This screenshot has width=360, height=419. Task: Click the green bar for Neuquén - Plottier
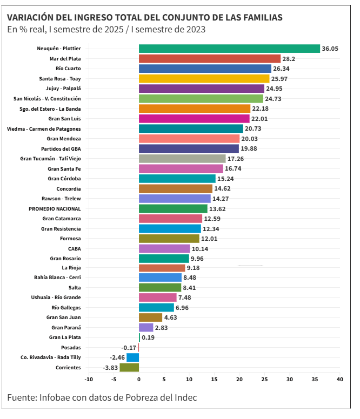[229, 49]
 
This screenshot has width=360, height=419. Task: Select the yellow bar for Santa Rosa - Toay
[204, 78]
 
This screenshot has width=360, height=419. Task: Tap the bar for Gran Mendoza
[189, 139]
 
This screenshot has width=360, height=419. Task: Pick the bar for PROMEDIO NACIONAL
[173, 208]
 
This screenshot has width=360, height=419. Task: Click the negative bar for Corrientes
[129, 368]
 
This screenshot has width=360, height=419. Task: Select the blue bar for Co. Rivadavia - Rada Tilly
[132, 357]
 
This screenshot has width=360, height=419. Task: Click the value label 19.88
[249, 148]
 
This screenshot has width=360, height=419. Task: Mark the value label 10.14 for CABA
[199, 249]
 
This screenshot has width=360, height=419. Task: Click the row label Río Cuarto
[68, 69]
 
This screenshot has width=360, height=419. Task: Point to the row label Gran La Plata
[65, 337]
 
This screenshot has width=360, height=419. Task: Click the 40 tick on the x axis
[340, 380]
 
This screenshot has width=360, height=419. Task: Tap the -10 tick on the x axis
[89, 380]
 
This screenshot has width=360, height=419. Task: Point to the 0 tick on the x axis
[139, 380]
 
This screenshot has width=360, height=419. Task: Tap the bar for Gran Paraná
[146, 328]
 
